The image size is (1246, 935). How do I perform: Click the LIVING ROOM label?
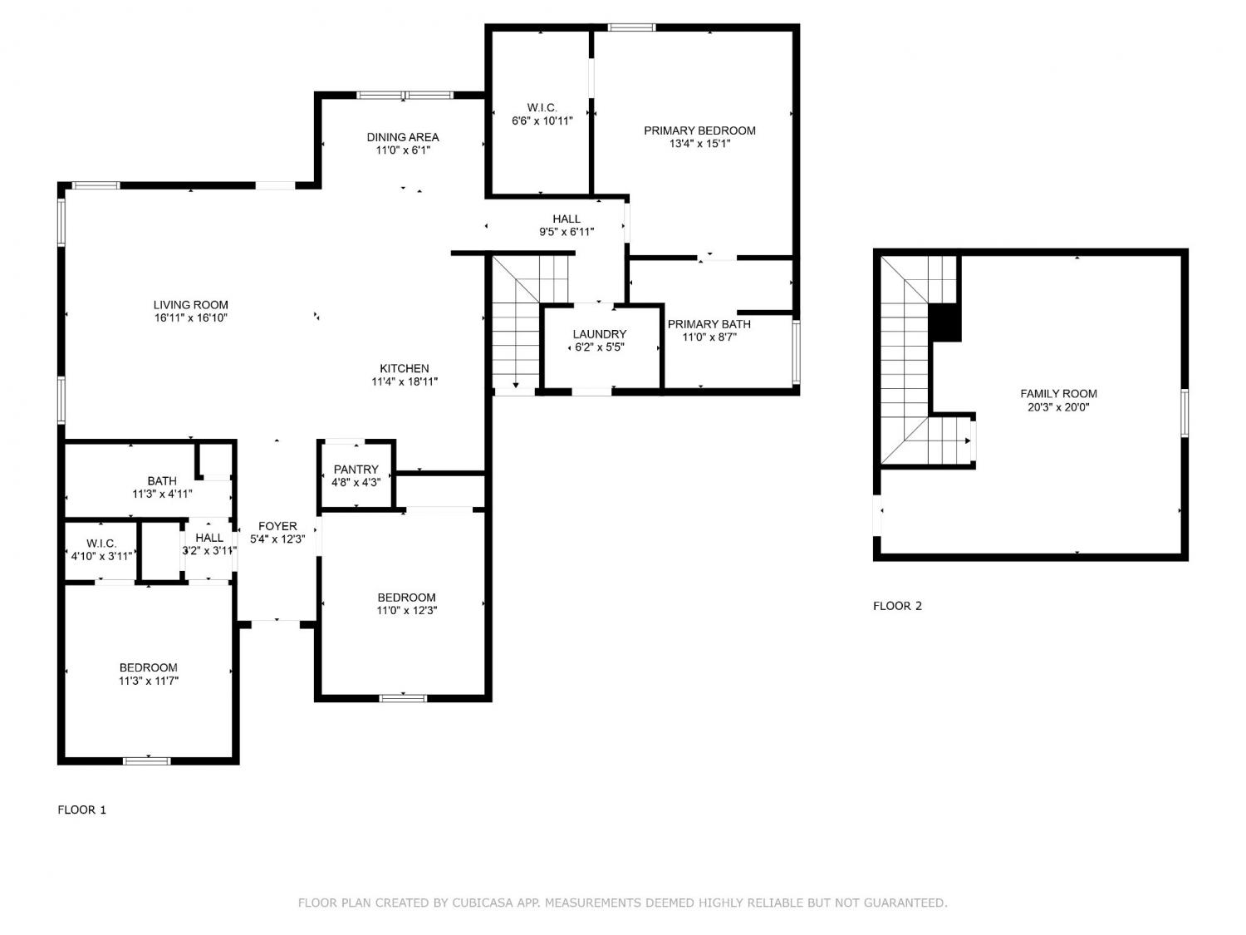pyautogui.click(x=191, y=305)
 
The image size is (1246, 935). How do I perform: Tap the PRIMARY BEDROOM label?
pyautogui.click(x=699, y=130)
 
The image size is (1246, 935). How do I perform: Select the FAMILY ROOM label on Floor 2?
pyautogui.click(x=1058, y=393)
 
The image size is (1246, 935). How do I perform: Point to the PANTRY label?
pyautogui.click(x=356, y=470)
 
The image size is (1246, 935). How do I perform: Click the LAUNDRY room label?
pyautogui.click(x=600, y=334)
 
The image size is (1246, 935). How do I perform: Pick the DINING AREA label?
pyautogui.click(x=403, y=137)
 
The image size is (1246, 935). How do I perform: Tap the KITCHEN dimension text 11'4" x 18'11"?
pyautogui.click(x=405, y=382)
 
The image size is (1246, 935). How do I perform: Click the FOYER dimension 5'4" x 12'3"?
pyautogui.click(x=277, y=539)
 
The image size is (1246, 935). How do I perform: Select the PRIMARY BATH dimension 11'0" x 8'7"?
pyautogui.click(x=709, y=337)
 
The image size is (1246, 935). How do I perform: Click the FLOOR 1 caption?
pyautogui.click(x=81, y=810)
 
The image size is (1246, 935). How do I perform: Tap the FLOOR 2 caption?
pyautogui.click(x=897, y=607)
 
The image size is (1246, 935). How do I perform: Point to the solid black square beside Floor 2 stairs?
pyautogui.click(x=945, y=322)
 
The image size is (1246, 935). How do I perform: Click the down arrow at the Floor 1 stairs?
pyautogui.click(x=516, y=385)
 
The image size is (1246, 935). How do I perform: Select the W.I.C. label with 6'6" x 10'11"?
pyautogui.click(x=542, y=107)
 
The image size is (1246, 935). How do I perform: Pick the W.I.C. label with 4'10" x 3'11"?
pyautogui.click(x=101, y=544)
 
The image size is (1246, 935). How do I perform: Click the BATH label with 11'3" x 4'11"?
pyautogui.click(x=162, y=481)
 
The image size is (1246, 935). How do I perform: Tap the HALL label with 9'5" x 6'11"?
pyautogui.click(x=567, y=219)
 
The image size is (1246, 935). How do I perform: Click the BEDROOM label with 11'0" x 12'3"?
pyautogui.click(x=406, y=598)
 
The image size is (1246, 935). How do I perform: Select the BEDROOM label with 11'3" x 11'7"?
pyautogui.click(x=148, y=668)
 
